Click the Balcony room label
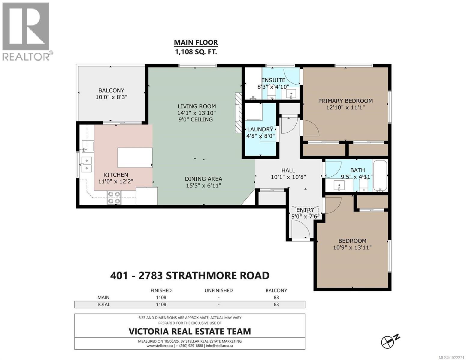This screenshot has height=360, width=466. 111,90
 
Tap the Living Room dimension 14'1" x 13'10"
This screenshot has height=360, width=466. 196,113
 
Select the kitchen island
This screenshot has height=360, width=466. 135,157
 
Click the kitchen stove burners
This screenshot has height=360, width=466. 114,198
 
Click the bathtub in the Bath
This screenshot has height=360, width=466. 380,175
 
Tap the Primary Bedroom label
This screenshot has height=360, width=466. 345,101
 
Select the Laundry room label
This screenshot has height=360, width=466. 260,129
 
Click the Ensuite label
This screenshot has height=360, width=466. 273,80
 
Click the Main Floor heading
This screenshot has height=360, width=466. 196,43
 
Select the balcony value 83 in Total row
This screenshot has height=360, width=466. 276,304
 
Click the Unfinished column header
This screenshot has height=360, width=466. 219,290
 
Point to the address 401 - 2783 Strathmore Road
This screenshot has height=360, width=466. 190,275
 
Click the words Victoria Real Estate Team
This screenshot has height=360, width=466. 190,331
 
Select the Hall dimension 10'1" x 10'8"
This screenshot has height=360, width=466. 288,177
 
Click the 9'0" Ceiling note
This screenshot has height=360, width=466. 196,119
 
